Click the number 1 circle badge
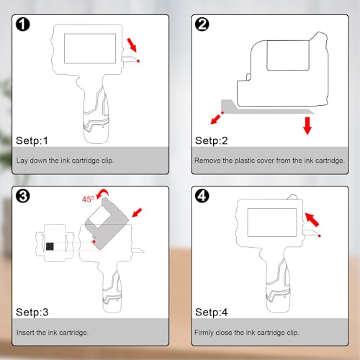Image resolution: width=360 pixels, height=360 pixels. click(x=23, y=24)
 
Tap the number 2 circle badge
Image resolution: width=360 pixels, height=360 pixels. click(x=202, y=24)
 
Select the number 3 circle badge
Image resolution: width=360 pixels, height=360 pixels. click(x=23, y=196)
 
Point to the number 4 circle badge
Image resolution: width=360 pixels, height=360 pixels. click(x=202, y=196)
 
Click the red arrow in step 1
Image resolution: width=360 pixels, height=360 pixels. click(x=132, y=45)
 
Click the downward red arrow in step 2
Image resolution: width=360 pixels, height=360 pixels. click(x=307, y=126)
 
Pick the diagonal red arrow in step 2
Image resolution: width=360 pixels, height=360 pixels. click(x=215, y=120)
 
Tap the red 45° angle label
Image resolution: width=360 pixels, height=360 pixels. click(x=88, y=199)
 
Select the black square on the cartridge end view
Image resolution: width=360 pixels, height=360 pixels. click(x=50, y=246)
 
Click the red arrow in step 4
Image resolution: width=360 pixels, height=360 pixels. click(x=312, y=220)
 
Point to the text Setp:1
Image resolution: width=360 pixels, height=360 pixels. click(x=32, y=140)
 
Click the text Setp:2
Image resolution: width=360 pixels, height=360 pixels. click(x=212, y=140)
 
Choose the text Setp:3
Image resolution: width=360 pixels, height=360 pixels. click(x=32, y=312)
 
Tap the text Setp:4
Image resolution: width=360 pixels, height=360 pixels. click(x=212, y=312)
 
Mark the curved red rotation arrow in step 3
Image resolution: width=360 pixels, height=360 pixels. click(x=103, y=193)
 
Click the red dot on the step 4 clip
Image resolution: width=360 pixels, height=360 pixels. click(x=320, y=236)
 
